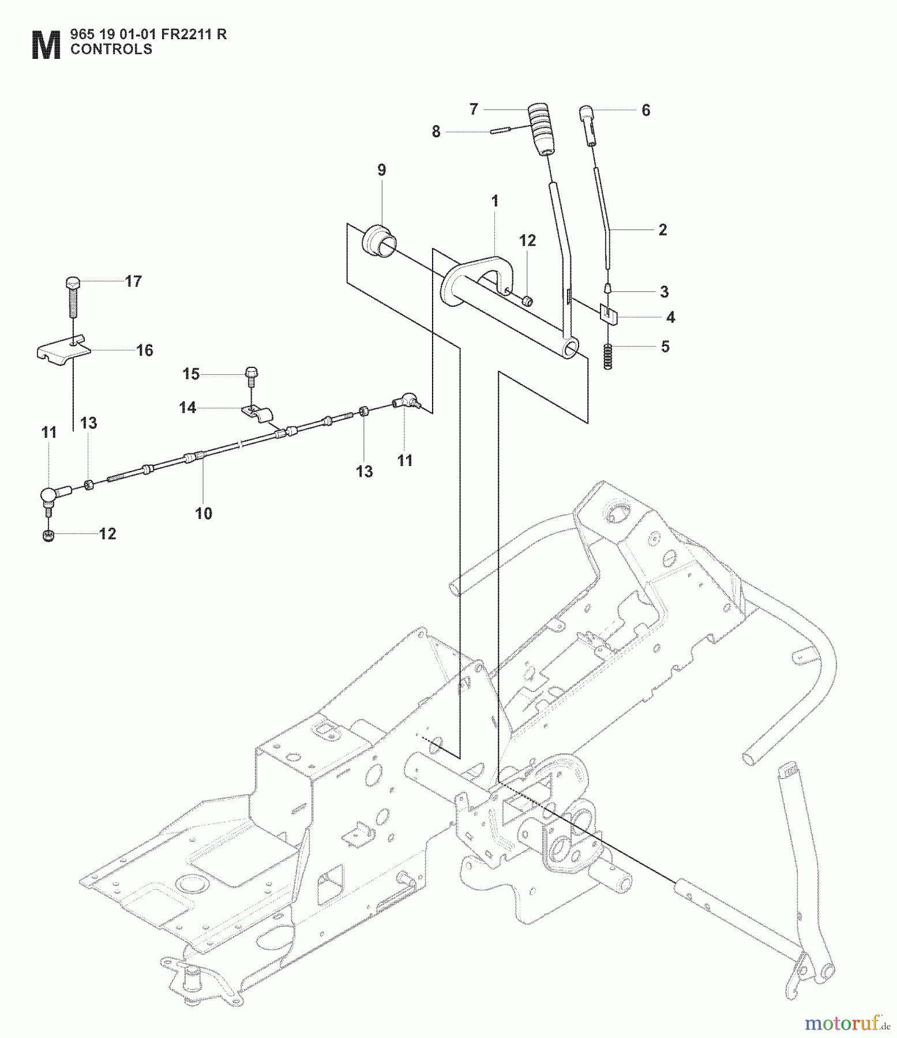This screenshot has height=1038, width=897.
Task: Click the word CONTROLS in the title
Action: tap(111, 50)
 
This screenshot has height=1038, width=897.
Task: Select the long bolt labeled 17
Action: tap(73, 298)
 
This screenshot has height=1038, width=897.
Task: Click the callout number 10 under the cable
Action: tap(204, 513)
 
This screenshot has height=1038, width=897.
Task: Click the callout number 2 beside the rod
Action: tap(662, 230)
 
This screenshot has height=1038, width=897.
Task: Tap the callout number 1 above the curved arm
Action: tap(494, 201)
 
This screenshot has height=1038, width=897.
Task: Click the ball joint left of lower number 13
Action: tap(52, 495)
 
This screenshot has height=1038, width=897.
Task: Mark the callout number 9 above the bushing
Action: tap(381, 170)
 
